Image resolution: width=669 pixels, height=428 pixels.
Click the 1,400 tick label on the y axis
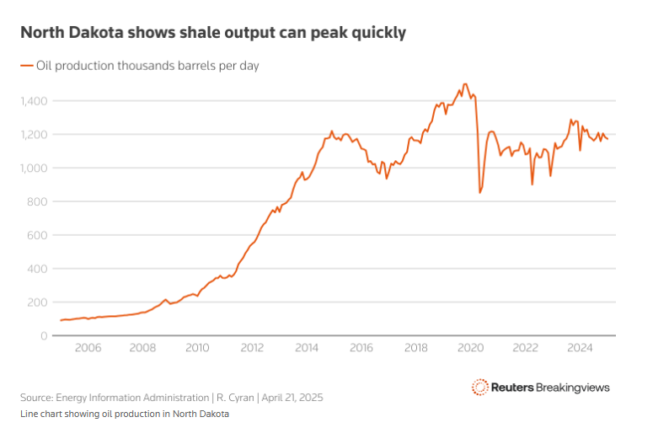point(35,101)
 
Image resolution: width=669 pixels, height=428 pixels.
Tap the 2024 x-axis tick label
point(580,348)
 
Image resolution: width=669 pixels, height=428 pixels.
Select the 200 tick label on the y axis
point(39,302)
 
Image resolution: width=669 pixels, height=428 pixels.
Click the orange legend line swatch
point(26,65)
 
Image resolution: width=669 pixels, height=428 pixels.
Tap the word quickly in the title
point(377,33)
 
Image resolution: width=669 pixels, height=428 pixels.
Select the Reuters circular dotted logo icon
point(479,387)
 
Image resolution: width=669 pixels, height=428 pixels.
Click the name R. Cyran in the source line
point(220,397)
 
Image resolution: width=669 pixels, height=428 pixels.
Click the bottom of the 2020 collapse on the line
point(480,192)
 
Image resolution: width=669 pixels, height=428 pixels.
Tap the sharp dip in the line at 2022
point(533,184)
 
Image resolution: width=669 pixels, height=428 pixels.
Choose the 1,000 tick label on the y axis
point(35,169)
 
